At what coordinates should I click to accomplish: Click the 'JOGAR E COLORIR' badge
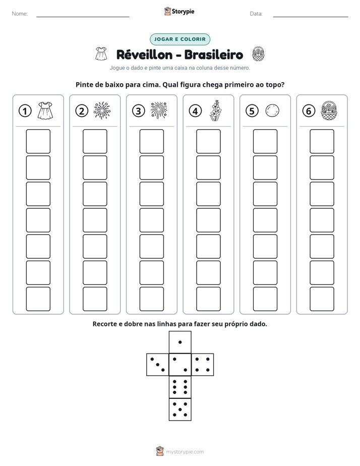click(x=180, y=39)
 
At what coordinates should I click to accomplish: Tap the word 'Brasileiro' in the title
click(x=214, y=54)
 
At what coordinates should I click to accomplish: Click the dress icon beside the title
click(x=101, y=53)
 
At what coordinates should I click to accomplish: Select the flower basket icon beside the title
click(x=258, y=54)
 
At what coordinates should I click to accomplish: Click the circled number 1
click(x=25, y=111)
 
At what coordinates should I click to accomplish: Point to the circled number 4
click(x=195, y=111)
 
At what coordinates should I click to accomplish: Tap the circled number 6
click(x=309, y=111)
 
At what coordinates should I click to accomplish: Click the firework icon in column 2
click(x=102, y=110)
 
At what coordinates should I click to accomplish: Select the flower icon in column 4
click(x=215, y=110)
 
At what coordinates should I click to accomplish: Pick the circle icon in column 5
click(x=272, y=110)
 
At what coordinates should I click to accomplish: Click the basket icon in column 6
click(x=329, y=110)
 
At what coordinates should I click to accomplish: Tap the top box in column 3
click(x=151, y=141)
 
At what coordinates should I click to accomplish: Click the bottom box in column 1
click(x=38, y=299)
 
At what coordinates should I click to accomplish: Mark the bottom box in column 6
click(x=322, y=299)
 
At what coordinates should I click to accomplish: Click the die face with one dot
click(x=180, y=342)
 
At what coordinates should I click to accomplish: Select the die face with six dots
click(x=180, y=387)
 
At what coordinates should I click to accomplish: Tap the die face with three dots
click(x=158, y=365)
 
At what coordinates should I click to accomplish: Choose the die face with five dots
click(x=180, y=410)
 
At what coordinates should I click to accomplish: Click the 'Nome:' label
click(x=20, y=14)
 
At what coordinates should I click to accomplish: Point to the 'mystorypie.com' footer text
click(x=185, y=452)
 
